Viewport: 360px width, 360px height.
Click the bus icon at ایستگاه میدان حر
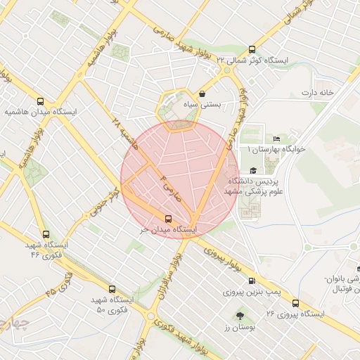coord(167,218)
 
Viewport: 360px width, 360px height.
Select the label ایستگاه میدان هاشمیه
coord(40,112)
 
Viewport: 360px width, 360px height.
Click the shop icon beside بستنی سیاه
coord(202,93)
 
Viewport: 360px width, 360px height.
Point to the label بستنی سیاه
coord(202,104)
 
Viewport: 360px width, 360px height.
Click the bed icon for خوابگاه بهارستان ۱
coord(276,139)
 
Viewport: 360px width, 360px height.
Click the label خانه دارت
coord(316,93)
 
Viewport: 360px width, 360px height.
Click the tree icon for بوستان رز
coord(240,316)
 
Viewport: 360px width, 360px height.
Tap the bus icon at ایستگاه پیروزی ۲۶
coord(295,303)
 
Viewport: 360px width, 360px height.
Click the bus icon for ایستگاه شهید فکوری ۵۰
coord(112,288)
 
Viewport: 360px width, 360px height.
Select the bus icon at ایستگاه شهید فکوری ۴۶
coord(46,235)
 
